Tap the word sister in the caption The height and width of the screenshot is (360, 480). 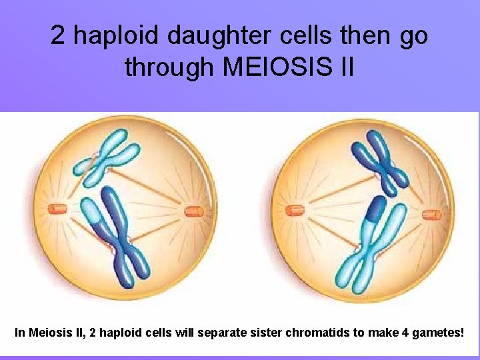263,331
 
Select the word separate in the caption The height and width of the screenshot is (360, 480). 219,331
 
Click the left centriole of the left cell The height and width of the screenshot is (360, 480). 58,210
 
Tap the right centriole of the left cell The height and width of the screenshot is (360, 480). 194,212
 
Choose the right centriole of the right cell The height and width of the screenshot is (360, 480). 432,214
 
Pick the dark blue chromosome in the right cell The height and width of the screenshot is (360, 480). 381,160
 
